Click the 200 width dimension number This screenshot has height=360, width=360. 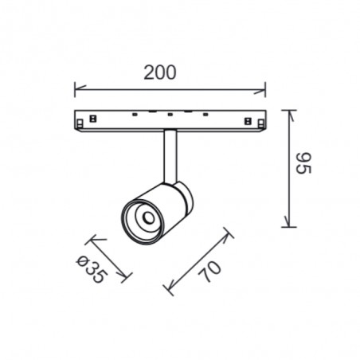pos(160,72)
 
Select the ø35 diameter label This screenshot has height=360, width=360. pos(95,272)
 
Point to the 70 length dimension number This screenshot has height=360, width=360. pos(209,272)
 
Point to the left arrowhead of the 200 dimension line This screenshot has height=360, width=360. pos(76,88)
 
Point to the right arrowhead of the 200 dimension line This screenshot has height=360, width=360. pos(264,88)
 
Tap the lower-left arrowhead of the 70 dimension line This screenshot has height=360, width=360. pos(166,289)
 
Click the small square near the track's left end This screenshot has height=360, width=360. pos(93,119)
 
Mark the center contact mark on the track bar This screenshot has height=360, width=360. pos(170,115)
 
